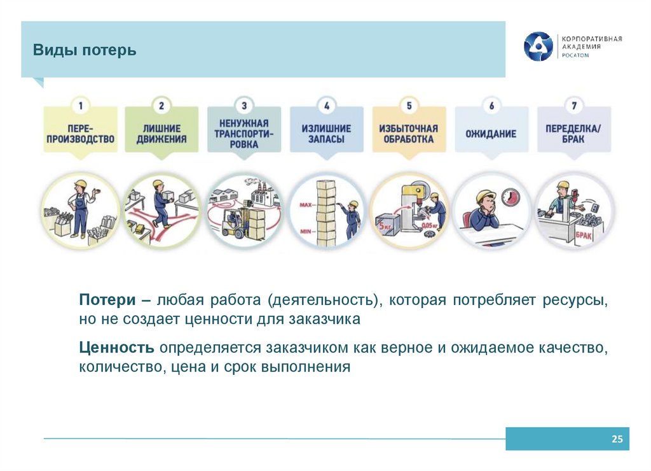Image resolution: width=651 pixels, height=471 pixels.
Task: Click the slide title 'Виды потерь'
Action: coord(85,50)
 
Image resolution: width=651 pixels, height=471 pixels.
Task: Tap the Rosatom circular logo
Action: coord(538,46)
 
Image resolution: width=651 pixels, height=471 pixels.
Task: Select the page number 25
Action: coord(616,439)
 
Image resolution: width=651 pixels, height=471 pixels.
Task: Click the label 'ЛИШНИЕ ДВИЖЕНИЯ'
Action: coord(161,134)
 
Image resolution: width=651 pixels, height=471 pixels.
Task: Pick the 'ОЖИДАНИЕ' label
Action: coord(491,134)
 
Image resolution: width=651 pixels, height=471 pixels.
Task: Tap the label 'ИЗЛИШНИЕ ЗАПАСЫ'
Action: coord(326,134)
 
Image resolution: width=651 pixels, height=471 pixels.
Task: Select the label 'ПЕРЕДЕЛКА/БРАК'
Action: coord(573,134)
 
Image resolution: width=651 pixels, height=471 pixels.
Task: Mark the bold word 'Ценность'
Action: coord(117,348)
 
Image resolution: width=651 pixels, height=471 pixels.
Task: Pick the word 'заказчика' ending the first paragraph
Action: coord(330,320)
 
